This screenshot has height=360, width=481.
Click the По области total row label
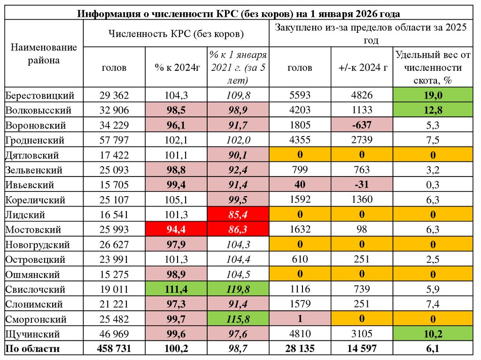(32, 349)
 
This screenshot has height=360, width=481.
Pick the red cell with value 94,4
(177, 230)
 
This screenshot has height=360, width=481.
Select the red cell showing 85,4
(237, 214)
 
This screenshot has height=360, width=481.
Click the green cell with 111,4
(177, 289)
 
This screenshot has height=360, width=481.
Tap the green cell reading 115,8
(237, 319)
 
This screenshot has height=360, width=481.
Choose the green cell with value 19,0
(433, 95)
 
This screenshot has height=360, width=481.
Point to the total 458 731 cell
(114, 349)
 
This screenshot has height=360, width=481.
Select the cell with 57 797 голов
(114, 140)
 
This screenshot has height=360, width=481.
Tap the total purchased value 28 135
(299, 349)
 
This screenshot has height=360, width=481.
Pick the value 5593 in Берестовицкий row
(299, 95)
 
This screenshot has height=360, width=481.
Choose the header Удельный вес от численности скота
(433, 68)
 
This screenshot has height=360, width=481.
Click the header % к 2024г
(177, 68)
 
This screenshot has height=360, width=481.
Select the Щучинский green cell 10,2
(433, 334)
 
